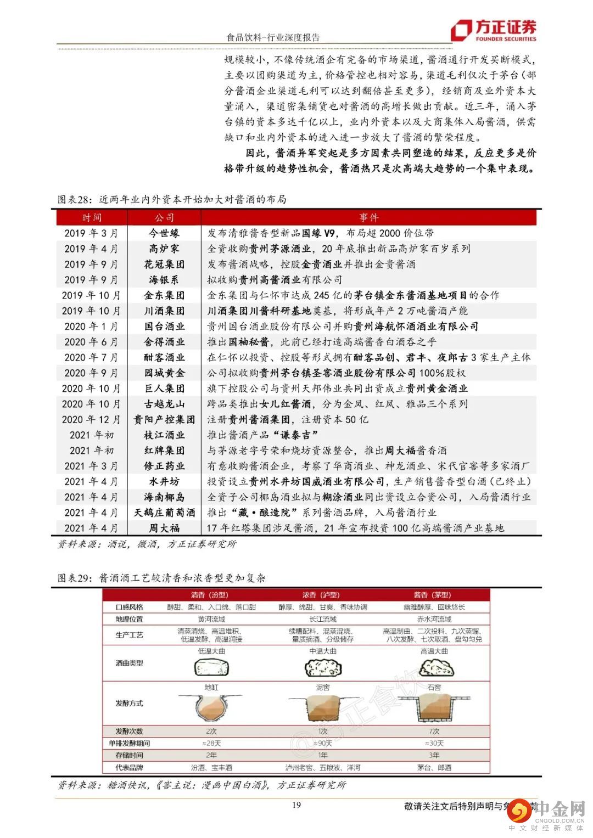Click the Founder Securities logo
(493, 30)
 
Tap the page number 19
(296, 805)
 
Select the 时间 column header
(92, 218)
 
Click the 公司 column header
(164, 218)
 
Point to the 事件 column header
(368, 218)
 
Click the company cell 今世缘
(164, 233)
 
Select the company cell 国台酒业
(164, 327)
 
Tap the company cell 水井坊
(164, 482)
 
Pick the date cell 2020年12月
(91, 420)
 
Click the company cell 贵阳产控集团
(164, 420)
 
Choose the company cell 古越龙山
(164, 404)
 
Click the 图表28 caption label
(77, 199)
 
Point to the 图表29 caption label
(77, 578)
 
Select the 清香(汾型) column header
(209, 595)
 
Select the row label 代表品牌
(129, 767)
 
